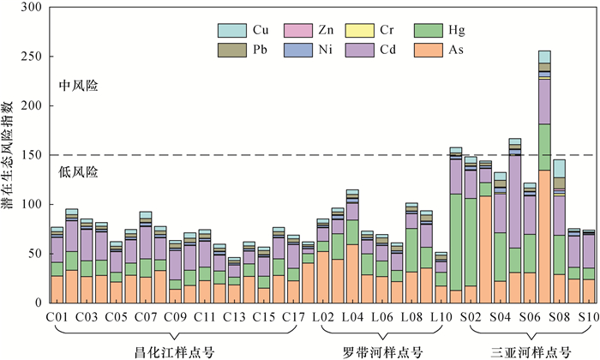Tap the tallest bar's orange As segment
544,236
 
